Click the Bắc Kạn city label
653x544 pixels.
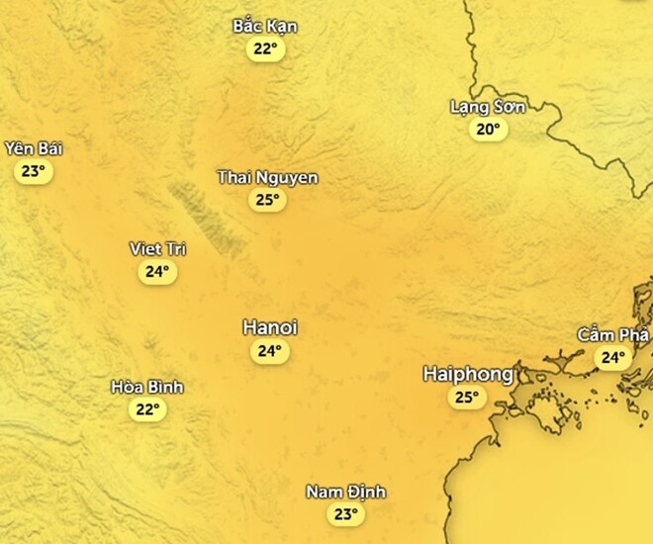(x=265, y=26)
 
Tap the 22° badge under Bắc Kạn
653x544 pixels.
(x=265, y=48)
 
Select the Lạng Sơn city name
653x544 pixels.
(x=488, y=107)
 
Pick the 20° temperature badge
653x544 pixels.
(x=488, y=130)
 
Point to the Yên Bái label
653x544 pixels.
(x=34, y=148)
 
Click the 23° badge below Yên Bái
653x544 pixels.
(x=34, y=171)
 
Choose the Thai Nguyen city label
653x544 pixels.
(x=267, y=178)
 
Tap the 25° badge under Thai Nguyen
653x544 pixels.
(x=267, y=201)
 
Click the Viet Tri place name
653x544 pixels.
(x=158, y=248)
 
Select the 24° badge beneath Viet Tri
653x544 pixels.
(x=158, y=271)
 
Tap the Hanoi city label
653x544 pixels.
(x=270, y=327)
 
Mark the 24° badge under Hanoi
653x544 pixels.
(x=270, y=351)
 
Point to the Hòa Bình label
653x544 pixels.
(x=147, y=387)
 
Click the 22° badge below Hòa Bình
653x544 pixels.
(x=147, y=409)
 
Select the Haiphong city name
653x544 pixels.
(x=468, y=374)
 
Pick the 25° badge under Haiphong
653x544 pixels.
(x=466, y=399)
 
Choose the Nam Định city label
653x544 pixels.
(x=345, y=493)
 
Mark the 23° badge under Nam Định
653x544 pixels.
(x=345, y=514)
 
